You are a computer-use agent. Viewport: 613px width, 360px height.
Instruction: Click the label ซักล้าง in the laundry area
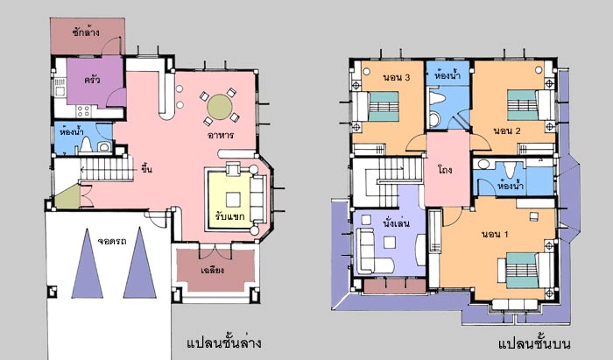(86, 32)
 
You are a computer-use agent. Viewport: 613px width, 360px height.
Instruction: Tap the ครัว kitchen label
(92, 80)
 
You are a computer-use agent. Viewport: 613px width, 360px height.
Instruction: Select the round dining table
(220, 107)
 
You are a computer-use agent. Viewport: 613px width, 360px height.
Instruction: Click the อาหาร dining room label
(221, 135)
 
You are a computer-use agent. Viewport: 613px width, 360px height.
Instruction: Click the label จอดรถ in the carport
(112, 241)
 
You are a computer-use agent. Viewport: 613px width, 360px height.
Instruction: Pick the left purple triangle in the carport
(88, 264)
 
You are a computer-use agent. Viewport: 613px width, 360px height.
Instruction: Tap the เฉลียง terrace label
(212, 270)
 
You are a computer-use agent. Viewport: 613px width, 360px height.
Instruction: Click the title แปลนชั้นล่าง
(224, 343)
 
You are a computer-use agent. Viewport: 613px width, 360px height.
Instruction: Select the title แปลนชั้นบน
(534, 343)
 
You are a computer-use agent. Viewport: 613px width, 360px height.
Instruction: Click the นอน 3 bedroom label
(397, 77)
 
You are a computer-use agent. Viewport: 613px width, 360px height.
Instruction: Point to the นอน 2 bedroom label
(507, 131)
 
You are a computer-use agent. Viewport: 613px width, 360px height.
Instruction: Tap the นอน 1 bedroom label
(495, 234)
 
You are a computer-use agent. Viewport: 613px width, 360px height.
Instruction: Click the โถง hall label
(445, 170)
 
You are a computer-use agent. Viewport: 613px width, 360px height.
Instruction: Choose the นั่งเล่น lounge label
(396, 223)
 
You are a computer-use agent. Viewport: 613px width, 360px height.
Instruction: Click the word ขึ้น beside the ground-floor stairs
(146, 169)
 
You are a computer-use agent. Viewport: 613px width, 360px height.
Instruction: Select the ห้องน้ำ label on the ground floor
(72, 131)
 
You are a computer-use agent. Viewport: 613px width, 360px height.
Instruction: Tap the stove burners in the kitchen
(84, 111)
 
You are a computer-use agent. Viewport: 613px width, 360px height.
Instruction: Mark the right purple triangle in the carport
(140, 264)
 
